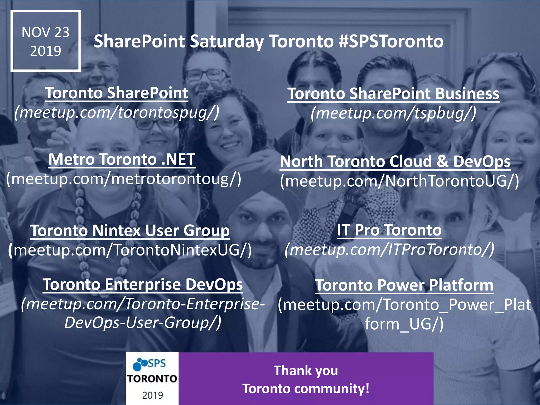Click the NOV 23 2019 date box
[x=46, y=41]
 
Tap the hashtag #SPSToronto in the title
[x=391, y=41]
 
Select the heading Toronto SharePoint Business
[x=393, y=94]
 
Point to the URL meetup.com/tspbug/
[x=393, y=113]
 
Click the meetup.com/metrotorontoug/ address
[x=123, y=179]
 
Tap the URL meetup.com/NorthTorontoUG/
[x=399, y=181]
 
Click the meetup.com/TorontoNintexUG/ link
[x=130, y=250]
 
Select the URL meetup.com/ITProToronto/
[x=389, y=249]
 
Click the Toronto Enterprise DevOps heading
[x=143, y=285]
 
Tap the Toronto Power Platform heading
[x=404, y=285]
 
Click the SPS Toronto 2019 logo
[x=152, y=378]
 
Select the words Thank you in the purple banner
[x=306, y=370]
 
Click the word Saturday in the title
[x=226, y=41]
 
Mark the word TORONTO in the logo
[x=152, y=379]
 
